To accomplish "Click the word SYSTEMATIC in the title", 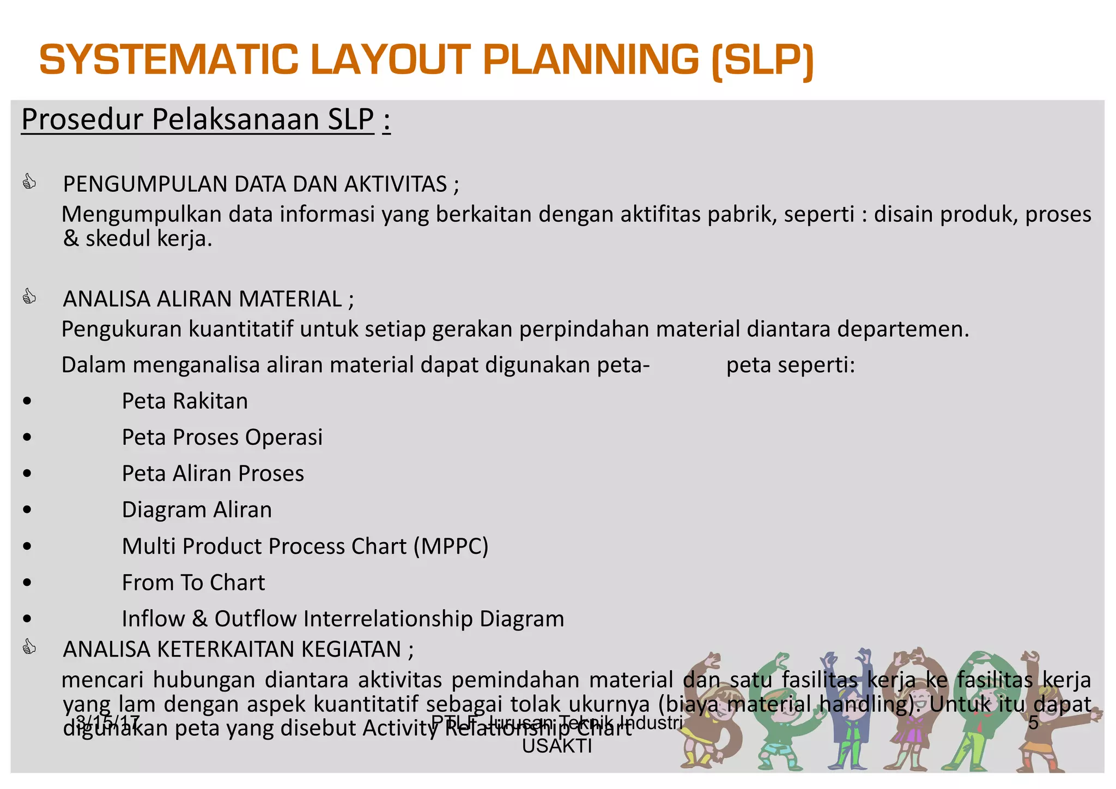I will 169,60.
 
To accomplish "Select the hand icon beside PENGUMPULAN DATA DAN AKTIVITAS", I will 29,181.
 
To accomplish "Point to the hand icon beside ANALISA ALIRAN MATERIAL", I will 29,297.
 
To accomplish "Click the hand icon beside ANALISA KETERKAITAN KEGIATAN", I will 29,647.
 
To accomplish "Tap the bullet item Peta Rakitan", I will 185,401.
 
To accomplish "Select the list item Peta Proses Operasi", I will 222,438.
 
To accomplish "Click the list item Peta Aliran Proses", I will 213,474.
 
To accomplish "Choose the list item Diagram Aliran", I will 197,510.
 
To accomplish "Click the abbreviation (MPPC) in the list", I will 451,546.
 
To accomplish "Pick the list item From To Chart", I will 193,582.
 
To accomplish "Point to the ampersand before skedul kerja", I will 71,239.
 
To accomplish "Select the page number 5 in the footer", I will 1033,723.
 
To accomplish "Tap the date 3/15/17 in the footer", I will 107,723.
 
